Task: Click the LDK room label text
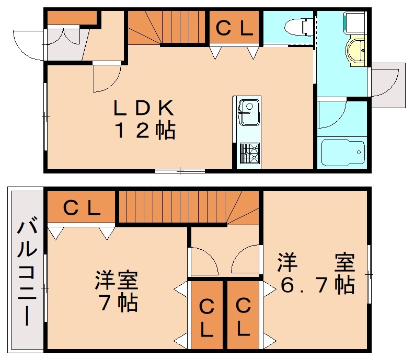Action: [143, 108]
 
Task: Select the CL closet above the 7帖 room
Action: [82, 208]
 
